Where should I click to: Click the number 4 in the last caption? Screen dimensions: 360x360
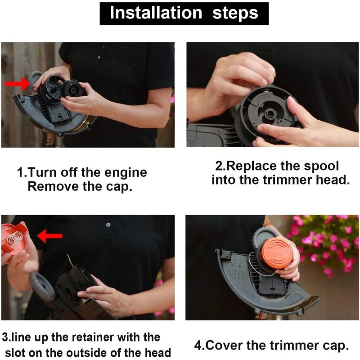pyautogui.click(x=198, y=346)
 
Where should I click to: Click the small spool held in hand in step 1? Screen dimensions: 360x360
pyautogui.click(x=72, y=88)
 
